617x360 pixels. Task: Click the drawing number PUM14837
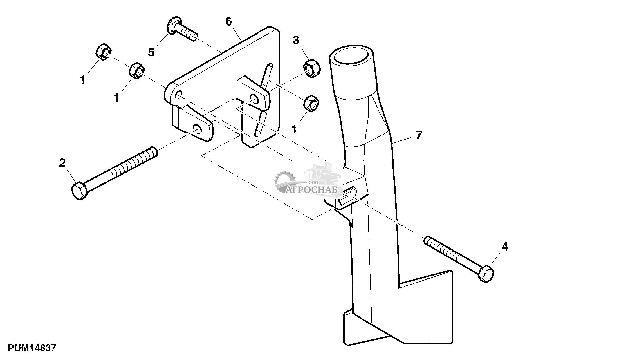pyautogui.click(x=31, y=348)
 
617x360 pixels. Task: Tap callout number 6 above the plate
pyautogui.click(x=229, y=21)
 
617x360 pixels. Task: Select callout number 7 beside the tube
pyautogui.click(x=418, y=135)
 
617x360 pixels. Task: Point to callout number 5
pyautogui.click(x=151, y=53)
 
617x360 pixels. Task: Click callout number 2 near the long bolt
pyautogui.click(x=62, y=163)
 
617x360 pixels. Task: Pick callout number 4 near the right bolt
pyautogui.click(x=505, y=247)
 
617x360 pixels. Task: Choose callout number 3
pyautogui.click(x=296, y=40)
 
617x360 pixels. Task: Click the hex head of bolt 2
pyautogui.click(x=79, y=191)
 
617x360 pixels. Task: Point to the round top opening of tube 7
pyautogui.click(x=351, y=58)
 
